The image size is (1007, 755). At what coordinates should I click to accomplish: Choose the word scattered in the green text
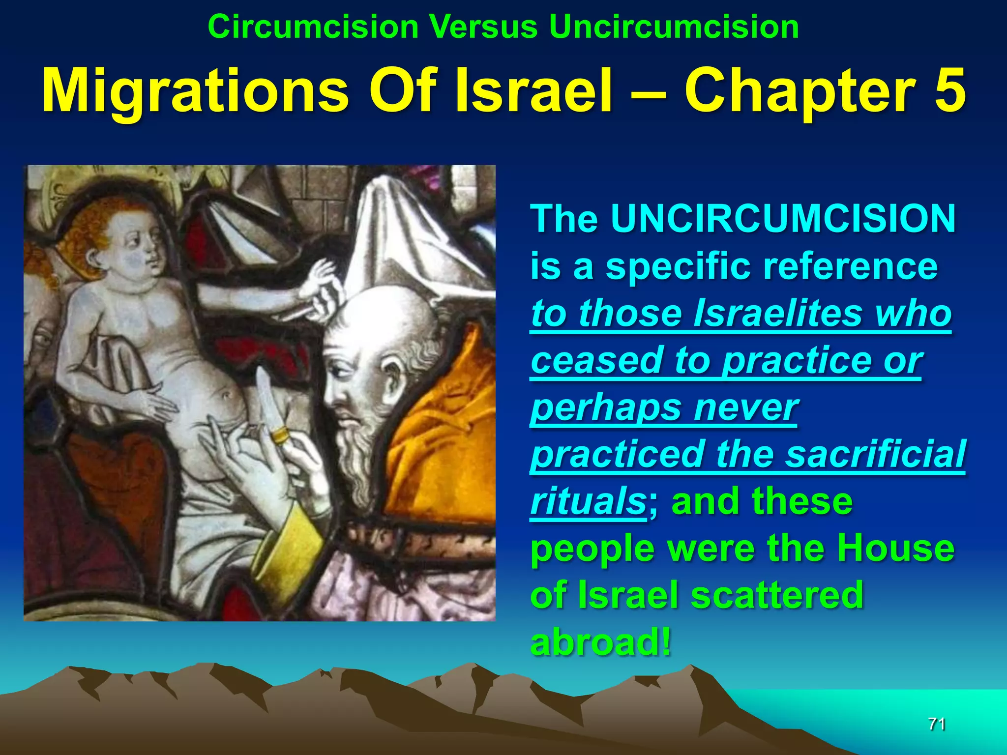[x=777, y=595]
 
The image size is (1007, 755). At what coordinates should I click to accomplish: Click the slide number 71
[x=936, y=724]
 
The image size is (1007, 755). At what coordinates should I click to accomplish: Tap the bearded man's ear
[x=393, y=379]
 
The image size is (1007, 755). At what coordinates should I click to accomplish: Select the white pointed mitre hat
[x=408, y=236]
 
